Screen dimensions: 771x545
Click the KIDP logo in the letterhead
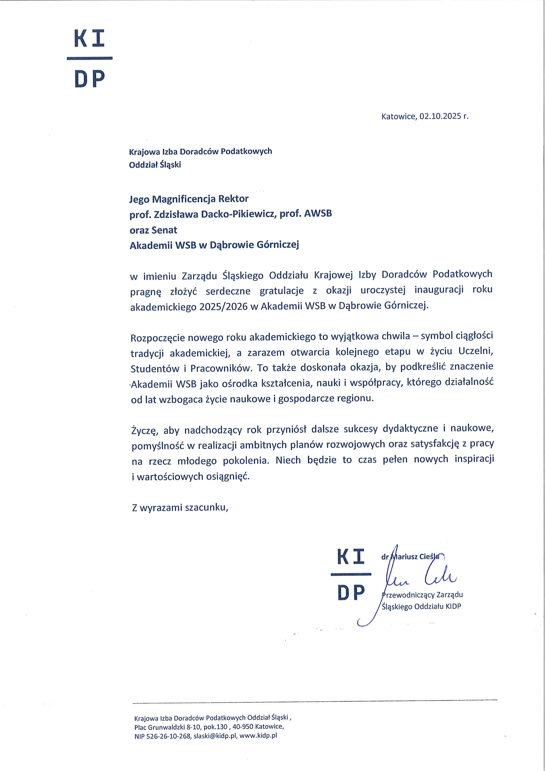pyautogui.click(x=90, y=59)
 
